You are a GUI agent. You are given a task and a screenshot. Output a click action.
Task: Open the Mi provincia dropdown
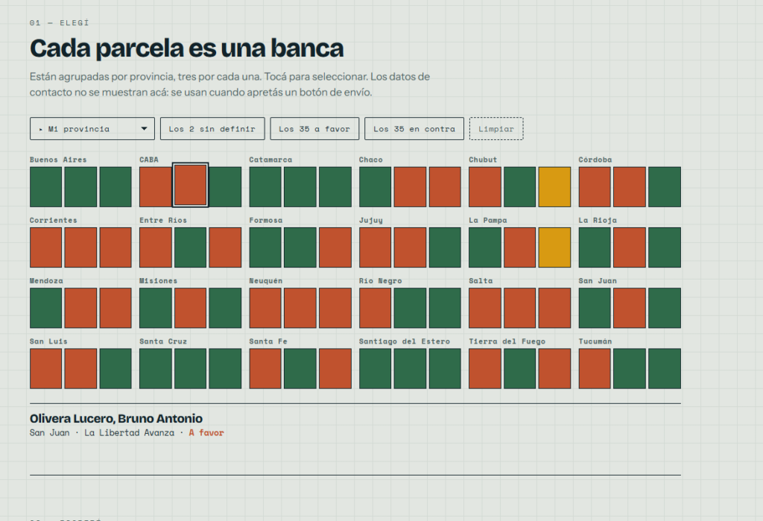point(92,128)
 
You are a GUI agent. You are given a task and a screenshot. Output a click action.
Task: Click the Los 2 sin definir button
point(212,128)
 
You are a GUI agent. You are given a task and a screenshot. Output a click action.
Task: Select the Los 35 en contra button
point(414,128)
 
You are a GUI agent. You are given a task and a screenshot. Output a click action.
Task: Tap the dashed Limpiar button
point(496,128)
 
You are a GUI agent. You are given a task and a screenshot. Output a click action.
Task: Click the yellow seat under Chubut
point(554,187)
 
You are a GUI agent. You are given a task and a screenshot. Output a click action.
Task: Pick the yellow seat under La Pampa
point(554,247)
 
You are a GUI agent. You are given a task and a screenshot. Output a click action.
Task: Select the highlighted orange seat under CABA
point(190,186)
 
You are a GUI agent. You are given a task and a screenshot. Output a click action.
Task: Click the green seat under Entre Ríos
point(190,247)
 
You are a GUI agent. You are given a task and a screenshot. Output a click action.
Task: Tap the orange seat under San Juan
point(630,308)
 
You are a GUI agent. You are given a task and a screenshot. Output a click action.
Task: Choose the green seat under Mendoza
point(45,308)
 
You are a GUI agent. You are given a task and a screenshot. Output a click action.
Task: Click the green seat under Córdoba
point(665,187)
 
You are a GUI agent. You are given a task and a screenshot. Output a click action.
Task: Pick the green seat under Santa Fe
point(300,369)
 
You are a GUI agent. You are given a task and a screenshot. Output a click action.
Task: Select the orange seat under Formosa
point(335,247)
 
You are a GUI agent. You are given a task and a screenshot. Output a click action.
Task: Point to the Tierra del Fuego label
point(507,341)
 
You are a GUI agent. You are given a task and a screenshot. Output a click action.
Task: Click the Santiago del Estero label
point(405,341)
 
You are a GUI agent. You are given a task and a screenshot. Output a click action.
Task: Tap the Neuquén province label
point(266,281)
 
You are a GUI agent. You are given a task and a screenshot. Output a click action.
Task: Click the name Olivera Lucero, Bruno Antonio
point(115,419)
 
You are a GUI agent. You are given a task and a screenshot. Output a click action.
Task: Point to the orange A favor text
point(206,433)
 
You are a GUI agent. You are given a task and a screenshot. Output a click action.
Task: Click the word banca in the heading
point(307,48)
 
